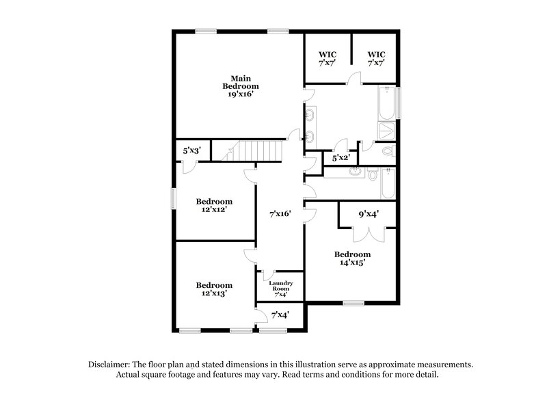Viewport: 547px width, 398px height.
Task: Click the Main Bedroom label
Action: coord(239,82)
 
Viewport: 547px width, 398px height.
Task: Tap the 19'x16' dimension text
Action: coord(239,95)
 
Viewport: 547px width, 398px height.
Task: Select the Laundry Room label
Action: coord(280,287)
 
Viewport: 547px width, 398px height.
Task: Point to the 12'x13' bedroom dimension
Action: coord(214,293)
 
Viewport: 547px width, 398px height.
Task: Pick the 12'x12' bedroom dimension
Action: coord(214,210)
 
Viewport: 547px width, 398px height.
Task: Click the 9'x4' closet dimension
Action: coord(369,214)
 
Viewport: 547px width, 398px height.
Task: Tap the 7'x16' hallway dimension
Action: coord(280,214)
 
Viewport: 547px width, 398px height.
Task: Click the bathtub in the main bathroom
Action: coord(388,103)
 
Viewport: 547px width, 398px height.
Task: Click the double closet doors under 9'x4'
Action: coord(369,232)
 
